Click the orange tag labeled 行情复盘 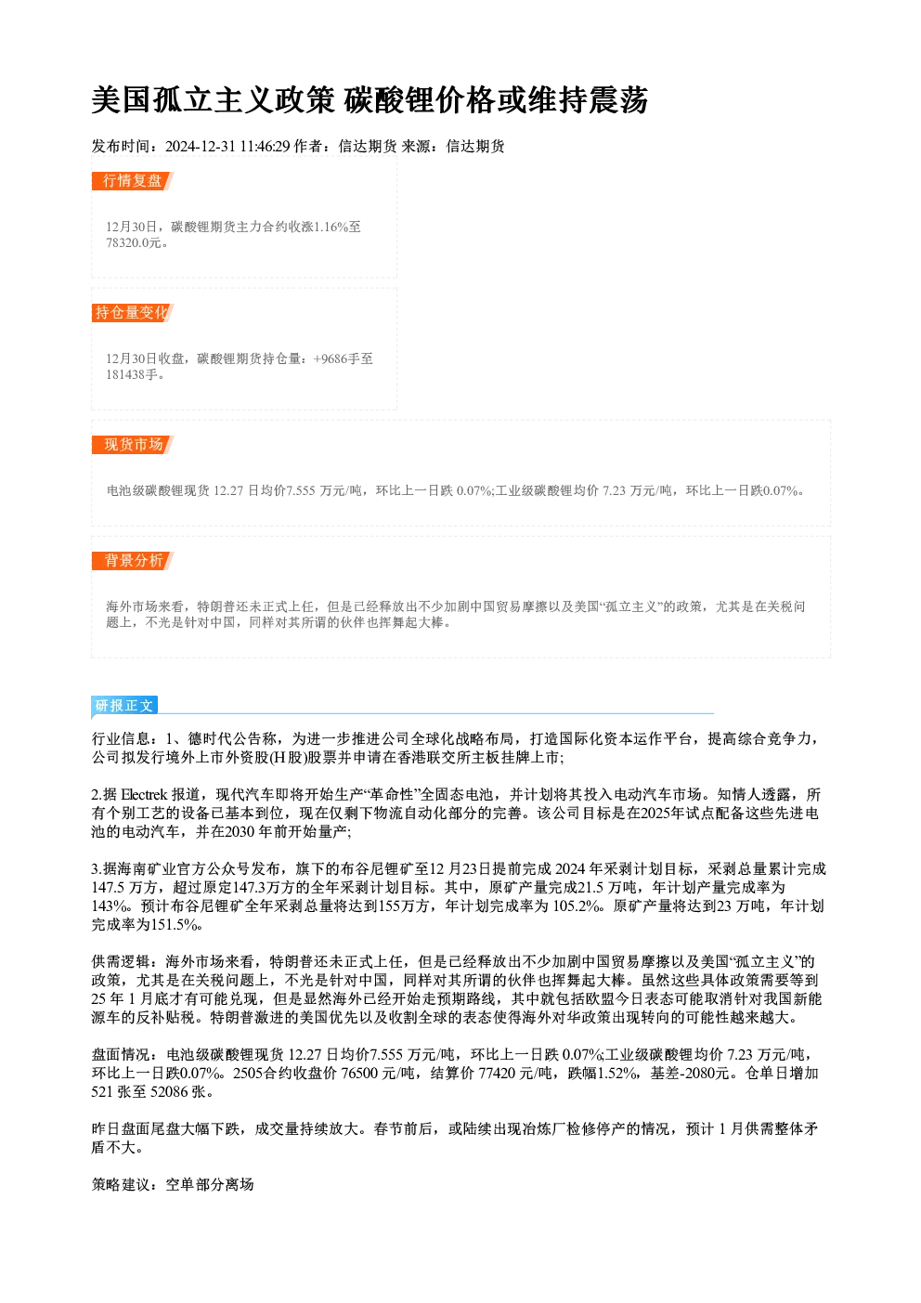tap(133, 181)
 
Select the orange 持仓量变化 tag tap(133, 313)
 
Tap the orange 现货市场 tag tap(133, 445)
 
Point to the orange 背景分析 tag tap(133, 561)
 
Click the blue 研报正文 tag tap(124, 706)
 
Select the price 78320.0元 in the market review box tap(134, 243)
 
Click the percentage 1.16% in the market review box tap(331, 227)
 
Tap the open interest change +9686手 tap(336, 358)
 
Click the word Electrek tap(144, 795)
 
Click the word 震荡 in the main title tap(618, 100)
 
